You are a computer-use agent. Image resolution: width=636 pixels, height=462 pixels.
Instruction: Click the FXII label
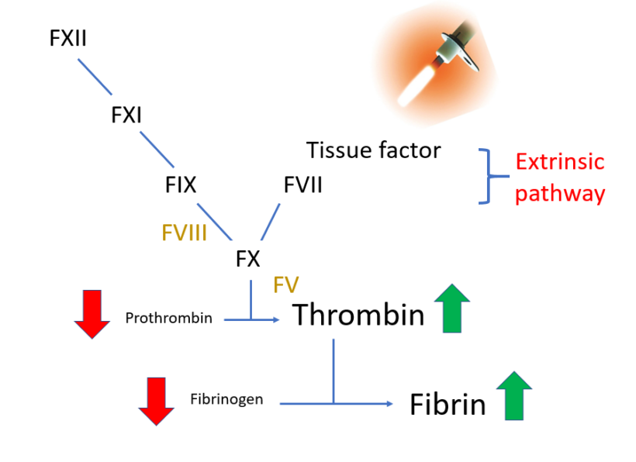(67, 38)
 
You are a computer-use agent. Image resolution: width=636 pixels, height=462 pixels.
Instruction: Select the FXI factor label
(126, 115)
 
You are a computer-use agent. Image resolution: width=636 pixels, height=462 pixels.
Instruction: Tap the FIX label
(180, 185)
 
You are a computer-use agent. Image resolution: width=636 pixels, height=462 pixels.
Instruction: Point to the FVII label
(302, 185)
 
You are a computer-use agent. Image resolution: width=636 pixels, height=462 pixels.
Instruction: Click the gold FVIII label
(184, 232)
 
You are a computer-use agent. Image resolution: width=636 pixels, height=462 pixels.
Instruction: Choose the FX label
(248, 259)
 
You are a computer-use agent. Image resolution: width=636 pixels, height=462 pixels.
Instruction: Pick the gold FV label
(286, 284)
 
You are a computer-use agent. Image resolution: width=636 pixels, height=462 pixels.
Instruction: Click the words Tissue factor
(374, 150)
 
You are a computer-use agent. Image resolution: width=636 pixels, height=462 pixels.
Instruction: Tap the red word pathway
(560, 193)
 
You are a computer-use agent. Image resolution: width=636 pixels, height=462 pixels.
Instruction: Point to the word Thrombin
(358, 315)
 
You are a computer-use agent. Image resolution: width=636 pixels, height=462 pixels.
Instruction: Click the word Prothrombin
(168, 318)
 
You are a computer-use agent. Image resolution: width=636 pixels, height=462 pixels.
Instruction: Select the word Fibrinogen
(226, 399)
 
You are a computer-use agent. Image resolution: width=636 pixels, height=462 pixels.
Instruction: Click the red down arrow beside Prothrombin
(92, 313)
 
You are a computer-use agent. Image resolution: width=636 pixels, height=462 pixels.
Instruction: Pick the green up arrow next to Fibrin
(513, 395)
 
